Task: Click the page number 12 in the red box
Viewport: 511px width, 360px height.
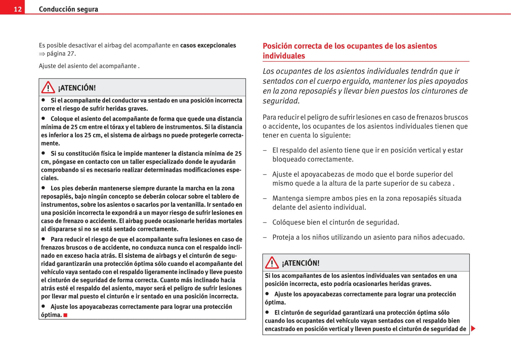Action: pyautogui.click(x=18, y=9)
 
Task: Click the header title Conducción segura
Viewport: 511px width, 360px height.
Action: pyautogui.click(x=68, y=9)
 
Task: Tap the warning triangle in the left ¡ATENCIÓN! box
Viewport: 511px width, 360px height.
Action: pyautogui.click(x=48, y=87)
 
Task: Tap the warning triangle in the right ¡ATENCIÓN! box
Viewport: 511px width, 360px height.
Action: pyautogui.click(x=272, y=262)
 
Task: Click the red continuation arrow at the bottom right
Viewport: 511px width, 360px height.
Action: pyautogui.click(x=473, y=329)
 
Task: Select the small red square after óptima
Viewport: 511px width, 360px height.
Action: pyautogui.click(x=65, y=315)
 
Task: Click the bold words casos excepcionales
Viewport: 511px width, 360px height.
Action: pyautogui.click(x=208, y=45)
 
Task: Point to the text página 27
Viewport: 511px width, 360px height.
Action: pyautogui.click(x=61, y=54)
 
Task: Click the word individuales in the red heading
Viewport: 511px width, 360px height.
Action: pyautogui.click(x=284, y=56)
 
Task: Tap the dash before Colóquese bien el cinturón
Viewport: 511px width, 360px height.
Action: pyautogui.click(x=265, y=223)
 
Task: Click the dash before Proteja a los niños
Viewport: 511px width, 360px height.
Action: pyautogui.click(x=265, y=237)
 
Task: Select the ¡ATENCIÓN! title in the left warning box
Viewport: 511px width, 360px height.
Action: pyautogui.click(x=77, y=88)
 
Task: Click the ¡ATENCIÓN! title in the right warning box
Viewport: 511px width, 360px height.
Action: pyautogui.click(x=301, y=263)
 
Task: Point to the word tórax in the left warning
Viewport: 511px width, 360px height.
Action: pyautogui.click(x=117, y=127)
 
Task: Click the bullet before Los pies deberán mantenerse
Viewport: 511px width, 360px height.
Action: pyautogui.click(x=43, y=188)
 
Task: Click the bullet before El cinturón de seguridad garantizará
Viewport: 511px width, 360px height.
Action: pyautogui.click(x=267, y=312)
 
